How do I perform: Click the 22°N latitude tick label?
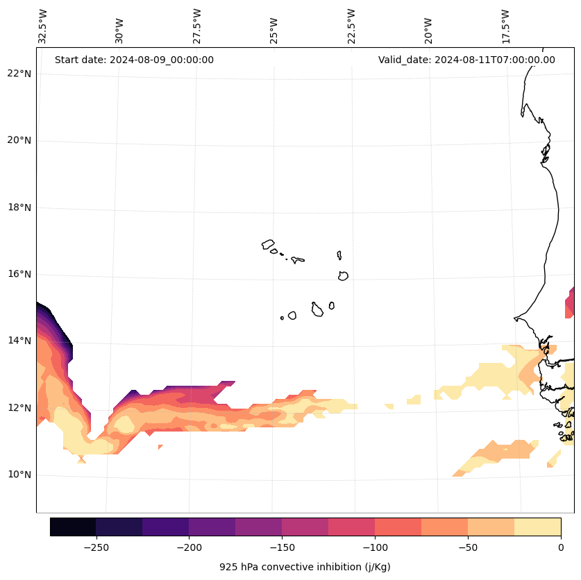click(18, 74)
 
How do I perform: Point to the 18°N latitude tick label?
click(18, 207)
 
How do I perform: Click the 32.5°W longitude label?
click(43, 26)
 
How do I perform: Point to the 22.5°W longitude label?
click(351, 26)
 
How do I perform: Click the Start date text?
click(134, 60)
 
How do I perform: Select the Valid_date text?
click(466, 60)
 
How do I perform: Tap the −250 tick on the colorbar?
click(96, 547)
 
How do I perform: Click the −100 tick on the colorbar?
click(375, 547)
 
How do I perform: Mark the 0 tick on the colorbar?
click(561, 547)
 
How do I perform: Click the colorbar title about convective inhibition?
click(305, 567)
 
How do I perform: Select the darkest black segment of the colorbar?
click(73, 527)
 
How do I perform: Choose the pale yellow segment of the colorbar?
click(537, 527)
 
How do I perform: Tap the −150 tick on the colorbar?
click(282, 547)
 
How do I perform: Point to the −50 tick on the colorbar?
click(468, 547)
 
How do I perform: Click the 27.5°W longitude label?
click(197, 26)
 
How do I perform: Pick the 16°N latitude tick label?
click(18, 274)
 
